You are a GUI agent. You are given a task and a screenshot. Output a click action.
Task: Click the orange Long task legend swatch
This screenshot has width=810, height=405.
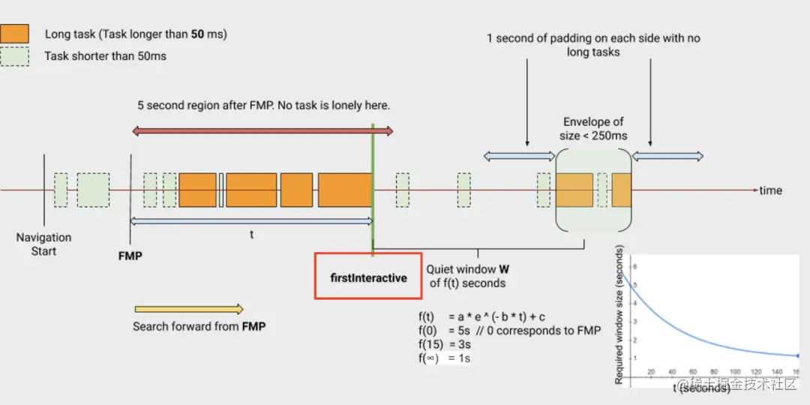tap(15, 33)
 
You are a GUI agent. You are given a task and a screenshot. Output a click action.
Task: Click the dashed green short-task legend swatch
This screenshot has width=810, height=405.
tap(15, 56)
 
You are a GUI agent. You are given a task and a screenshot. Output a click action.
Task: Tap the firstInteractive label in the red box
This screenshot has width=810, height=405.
tap(368, 277)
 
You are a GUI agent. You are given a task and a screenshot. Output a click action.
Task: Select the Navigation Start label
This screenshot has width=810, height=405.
tap(43, 244)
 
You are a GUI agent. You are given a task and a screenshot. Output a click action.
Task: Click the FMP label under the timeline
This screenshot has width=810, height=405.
tap(130, 256)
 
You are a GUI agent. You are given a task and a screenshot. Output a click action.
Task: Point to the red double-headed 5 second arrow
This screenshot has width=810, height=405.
tap(262, 131)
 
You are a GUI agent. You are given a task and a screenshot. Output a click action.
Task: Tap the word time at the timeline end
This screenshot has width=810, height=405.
tap(770, 190)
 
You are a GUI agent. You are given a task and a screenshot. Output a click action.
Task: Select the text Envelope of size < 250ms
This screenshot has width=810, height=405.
tap(593, 128)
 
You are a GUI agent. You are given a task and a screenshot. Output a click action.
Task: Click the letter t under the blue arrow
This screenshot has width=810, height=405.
tap(251, 234)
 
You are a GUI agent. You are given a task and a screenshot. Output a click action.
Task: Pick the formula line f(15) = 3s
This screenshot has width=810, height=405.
tap(445, 344)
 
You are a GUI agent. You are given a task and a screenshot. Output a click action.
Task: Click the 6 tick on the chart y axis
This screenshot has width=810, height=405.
tap(634, 266)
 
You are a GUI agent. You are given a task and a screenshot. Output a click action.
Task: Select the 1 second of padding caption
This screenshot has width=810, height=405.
tap(592, 45)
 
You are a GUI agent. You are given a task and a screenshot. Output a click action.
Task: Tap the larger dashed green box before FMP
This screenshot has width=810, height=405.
tap(93, 190)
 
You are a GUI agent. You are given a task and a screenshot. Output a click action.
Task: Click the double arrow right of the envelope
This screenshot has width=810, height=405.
tap(667, 156)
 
